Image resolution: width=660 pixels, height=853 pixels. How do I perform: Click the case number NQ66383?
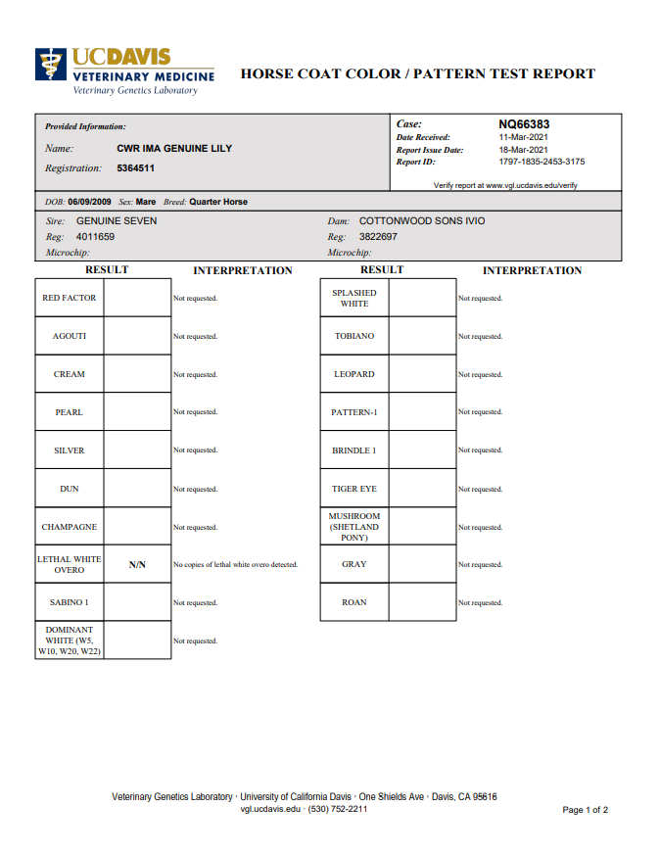tap(524, 124)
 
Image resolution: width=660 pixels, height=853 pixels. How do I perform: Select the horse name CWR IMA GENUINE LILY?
tap(174, 149)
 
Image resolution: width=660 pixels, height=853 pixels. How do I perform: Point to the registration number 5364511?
tap(135, 168)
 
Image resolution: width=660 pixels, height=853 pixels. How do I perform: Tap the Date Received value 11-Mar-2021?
tap(524, 137)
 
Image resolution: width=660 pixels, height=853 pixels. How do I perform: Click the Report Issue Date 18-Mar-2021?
tap(524, 150)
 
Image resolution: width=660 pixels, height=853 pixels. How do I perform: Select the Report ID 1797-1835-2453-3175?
tap(542, 162)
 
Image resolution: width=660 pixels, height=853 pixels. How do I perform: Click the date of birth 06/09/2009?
tap(89, 202)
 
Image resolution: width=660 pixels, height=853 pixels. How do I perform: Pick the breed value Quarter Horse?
tap(218, 202)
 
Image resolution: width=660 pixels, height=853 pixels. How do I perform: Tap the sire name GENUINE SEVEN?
tap(117, 220)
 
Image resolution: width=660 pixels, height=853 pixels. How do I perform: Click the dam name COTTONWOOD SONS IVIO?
tap(422, 220)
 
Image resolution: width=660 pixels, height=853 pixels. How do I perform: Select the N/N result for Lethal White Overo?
tap(137, 565)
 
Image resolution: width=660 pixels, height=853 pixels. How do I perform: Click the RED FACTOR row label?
tap(70, 298)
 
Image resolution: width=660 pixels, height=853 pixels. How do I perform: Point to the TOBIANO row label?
tap(354, 336)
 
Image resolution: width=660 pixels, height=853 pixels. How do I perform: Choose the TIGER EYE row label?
tap(354, 489)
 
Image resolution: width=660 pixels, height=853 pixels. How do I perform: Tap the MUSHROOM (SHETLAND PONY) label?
tap(354, 527)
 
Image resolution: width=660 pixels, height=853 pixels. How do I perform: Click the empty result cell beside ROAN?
tap(423, 602)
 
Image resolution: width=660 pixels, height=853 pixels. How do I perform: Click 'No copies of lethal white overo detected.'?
tap(235, 565)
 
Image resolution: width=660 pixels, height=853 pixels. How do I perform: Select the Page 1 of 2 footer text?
tap(586, 810)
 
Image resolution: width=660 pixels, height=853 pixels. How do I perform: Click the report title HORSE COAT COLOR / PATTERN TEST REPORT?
tap(417, 73)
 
